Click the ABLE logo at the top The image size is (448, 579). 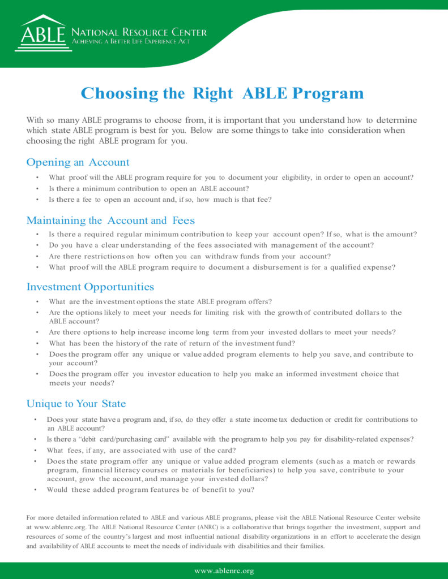pos(44,33)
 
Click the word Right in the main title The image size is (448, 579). pos(213,93)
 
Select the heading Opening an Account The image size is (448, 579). pos(78,163)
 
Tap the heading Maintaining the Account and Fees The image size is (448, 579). pos(110,221)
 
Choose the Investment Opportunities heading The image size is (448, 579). pos(90,287)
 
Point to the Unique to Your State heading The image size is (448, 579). pos(76,404)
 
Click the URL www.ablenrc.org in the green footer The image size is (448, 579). pos(224,571)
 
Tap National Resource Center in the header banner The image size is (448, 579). pos(139,32)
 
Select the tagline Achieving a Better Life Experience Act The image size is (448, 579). pos(131,42)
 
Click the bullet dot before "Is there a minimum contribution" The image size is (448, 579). pos(37,189)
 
